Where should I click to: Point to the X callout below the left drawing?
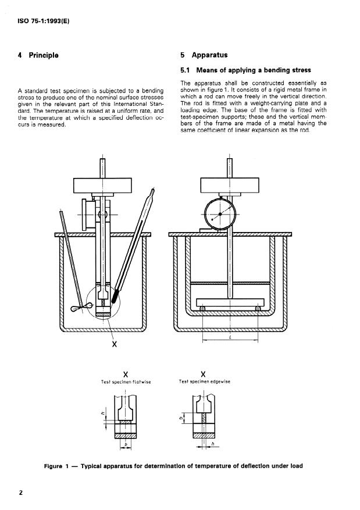click(x=115, y=344)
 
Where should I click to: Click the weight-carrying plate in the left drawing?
click(x=102, y=186)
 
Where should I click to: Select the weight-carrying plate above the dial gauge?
click(x=229, y=186)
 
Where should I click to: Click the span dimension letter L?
click(x=230, y=337)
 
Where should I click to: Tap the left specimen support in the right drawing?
click(x=202, y=308)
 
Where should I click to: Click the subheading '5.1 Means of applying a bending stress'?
click(x=245, y=70)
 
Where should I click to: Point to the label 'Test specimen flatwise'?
click(x=126, y=382)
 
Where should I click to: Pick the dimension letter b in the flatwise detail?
click(x=126, y=444)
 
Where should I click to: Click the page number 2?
click(x=20, y=493)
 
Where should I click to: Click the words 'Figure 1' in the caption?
click(x=56, y=466)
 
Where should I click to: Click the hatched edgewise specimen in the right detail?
click(x=203, y=419)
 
